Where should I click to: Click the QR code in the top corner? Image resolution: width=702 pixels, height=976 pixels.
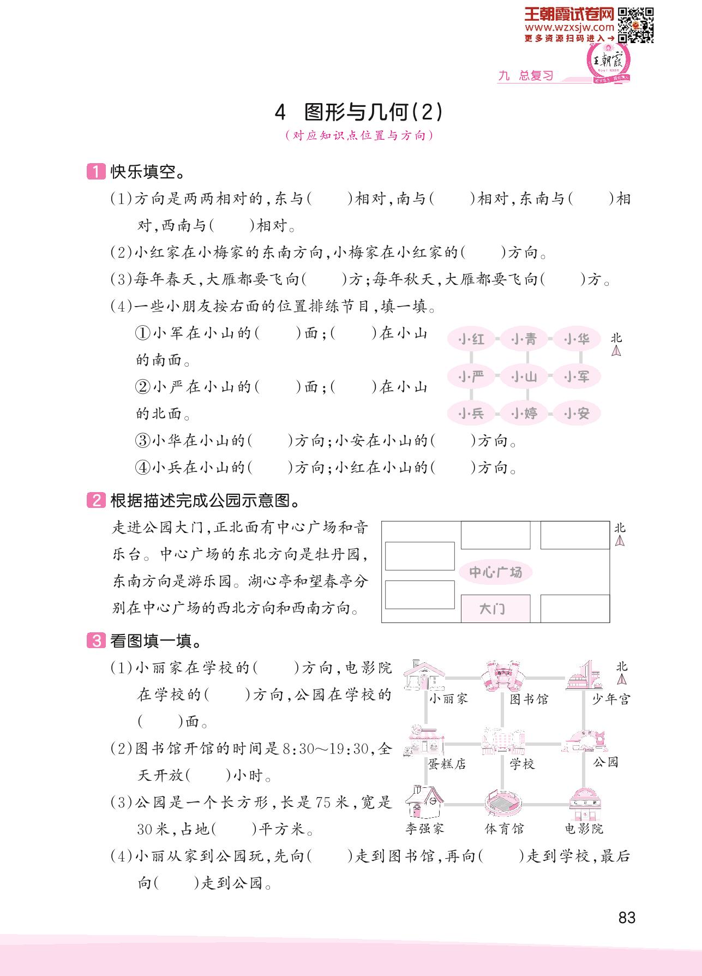tap(636, 25)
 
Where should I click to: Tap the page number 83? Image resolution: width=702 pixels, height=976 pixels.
tap(627, 918)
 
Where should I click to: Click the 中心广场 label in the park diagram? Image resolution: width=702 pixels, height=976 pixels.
tap(495, 572)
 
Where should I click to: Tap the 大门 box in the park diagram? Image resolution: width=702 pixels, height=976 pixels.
tap(495, 608)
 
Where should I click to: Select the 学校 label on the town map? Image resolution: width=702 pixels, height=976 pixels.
tap(522, 764)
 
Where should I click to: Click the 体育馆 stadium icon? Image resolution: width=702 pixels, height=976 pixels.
tap(503, 803)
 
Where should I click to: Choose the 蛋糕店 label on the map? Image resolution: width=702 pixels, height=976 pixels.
tap(447, 764)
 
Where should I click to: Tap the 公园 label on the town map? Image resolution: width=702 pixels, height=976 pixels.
tap(605, 762)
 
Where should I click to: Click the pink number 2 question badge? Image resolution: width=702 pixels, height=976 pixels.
tap(96, 500)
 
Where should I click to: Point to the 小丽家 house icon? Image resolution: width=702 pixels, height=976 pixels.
tap(424, 676)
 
